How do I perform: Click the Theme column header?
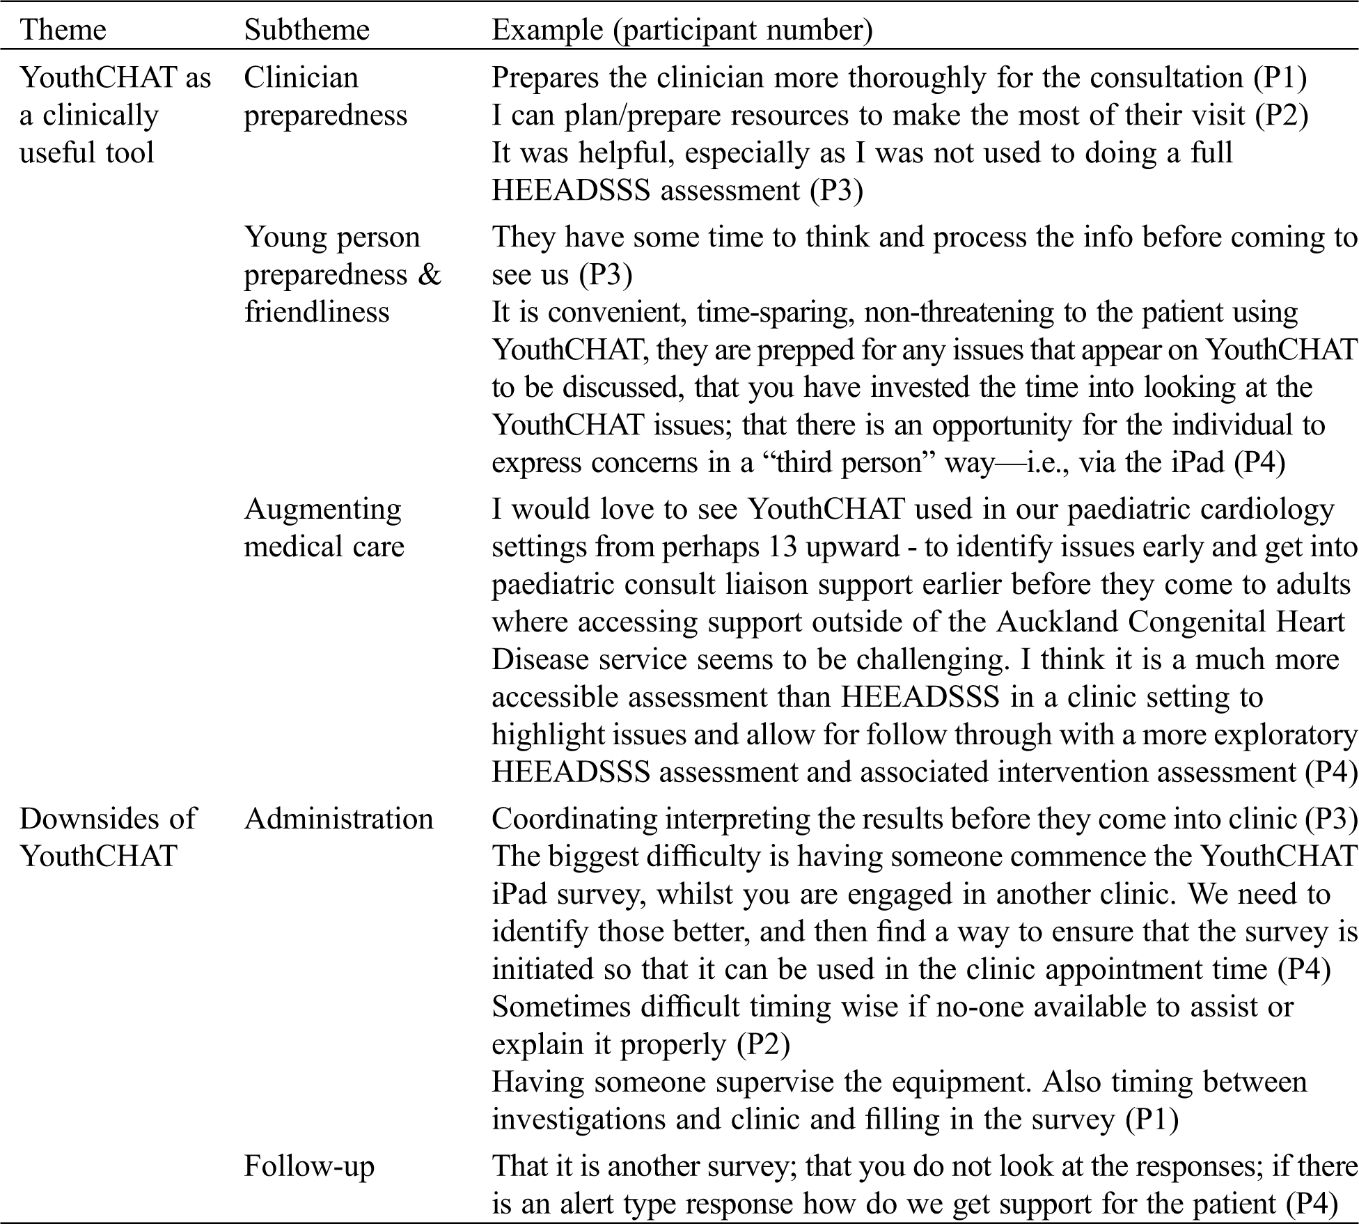63,30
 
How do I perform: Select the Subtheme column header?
306,30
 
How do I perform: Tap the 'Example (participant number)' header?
682,30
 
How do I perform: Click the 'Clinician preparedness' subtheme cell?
325,96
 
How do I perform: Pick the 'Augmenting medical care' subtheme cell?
324,528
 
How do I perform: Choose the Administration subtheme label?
338,818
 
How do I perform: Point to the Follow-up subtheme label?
309,1166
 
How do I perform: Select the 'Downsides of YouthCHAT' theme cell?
108,837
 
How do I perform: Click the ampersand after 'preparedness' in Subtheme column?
430,274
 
